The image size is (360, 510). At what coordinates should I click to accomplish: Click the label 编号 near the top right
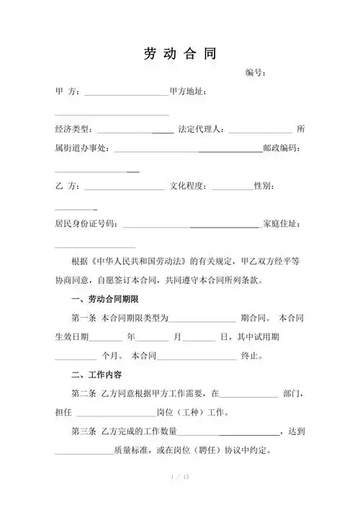(x=256, y=73)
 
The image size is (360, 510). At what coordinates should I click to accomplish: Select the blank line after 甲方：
(x=126, y=94)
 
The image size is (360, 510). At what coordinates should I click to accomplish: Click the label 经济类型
(x=72, y=130)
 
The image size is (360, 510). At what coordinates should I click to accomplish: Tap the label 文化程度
(x=189, y=187)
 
